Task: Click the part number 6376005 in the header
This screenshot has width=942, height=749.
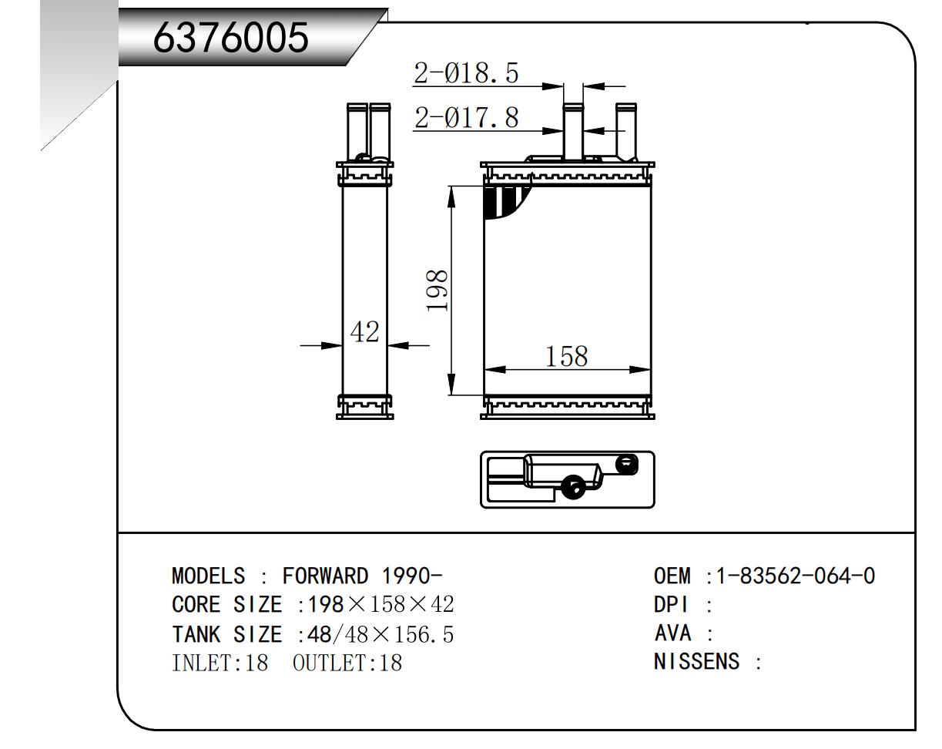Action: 231,36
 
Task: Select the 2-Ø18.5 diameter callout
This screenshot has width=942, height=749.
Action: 466,73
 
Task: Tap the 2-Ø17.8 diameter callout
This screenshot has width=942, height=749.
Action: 466,118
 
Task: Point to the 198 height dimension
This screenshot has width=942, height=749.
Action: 437,291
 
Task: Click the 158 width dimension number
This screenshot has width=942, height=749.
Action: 566,356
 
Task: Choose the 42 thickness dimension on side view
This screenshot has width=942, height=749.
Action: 364,332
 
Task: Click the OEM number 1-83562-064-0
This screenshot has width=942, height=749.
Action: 796,576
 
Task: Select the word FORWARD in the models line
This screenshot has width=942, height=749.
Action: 325,576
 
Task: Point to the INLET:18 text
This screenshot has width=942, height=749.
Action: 220,663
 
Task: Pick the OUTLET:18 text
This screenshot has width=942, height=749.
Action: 347,663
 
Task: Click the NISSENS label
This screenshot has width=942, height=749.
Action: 696,662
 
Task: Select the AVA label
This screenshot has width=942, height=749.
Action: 672,633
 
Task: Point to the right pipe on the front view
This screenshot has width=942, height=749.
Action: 626,131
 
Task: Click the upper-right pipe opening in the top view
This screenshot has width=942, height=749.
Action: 628,463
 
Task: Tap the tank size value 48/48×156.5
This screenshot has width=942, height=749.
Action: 380,634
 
